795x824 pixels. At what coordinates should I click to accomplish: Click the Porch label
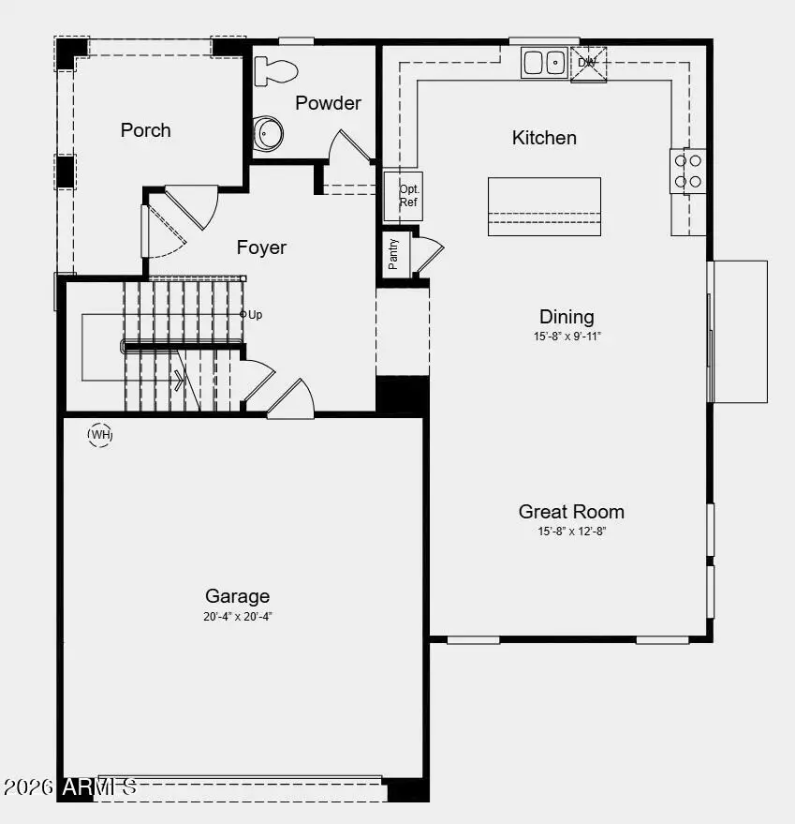click(x=146, y=130)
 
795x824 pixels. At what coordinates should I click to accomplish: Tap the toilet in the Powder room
click(x=276, y=69)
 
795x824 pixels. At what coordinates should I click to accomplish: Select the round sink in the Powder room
click(x=268, y=133)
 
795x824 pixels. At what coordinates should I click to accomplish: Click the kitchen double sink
click(x=544, y=63)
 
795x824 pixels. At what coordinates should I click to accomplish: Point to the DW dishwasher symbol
click(x=588, y=63)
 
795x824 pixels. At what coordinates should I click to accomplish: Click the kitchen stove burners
click(x=688, y=171)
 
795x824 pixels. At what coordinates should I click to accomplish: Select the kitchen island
click(x=544, y=206)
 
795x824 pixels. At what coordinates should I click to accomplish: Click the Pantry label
click(x=394, y=254)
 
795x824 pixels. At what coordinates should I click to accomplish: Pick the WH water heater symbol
click(x=100, y=435)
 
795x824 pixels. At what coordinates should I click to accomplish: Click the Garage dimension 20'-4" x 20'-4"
click(x=238, y=617)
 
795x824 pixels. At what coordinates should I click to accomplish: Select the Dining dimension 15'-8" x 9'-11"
click(x=567, y=336)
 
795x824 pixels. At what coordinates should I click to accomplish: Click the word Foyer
click(x=261, y=247)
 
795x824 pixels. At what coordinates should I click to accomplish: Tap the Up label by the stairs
click(x=255, y=315)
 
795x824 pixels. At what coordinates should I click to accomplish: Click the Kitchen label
click(x=544, y=138)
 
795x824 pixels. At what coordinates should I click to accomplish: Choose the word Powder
click(x=328, y=103)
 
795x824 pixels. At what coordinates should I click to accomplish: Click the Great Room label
click(x=571, y=512)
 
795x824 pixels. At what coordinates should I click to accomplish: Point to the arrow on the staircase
click(x=179, y=380)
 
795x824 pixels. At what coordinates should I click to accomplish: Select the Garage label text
click(x=238, y=596)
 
